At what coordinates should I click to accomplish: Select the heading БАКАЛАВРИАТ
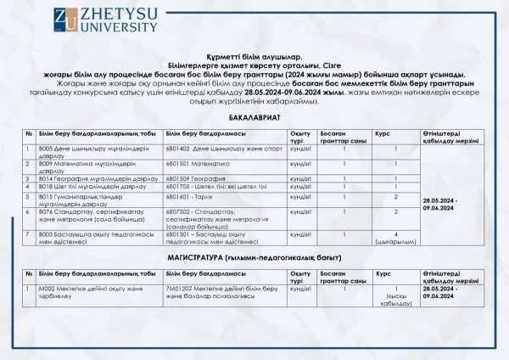[x=254, y=121]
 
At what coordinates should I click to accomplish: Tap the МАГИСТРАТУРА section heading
[x=254, y=256]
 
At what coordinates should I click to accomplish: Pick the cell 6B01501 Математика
[x=199, y=162]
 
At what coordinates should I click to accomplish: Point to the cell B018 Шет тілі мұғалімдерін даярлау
[x=89, y=186]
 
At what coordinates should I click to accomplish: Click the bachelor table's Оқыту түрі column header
[x=300, y=136]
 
